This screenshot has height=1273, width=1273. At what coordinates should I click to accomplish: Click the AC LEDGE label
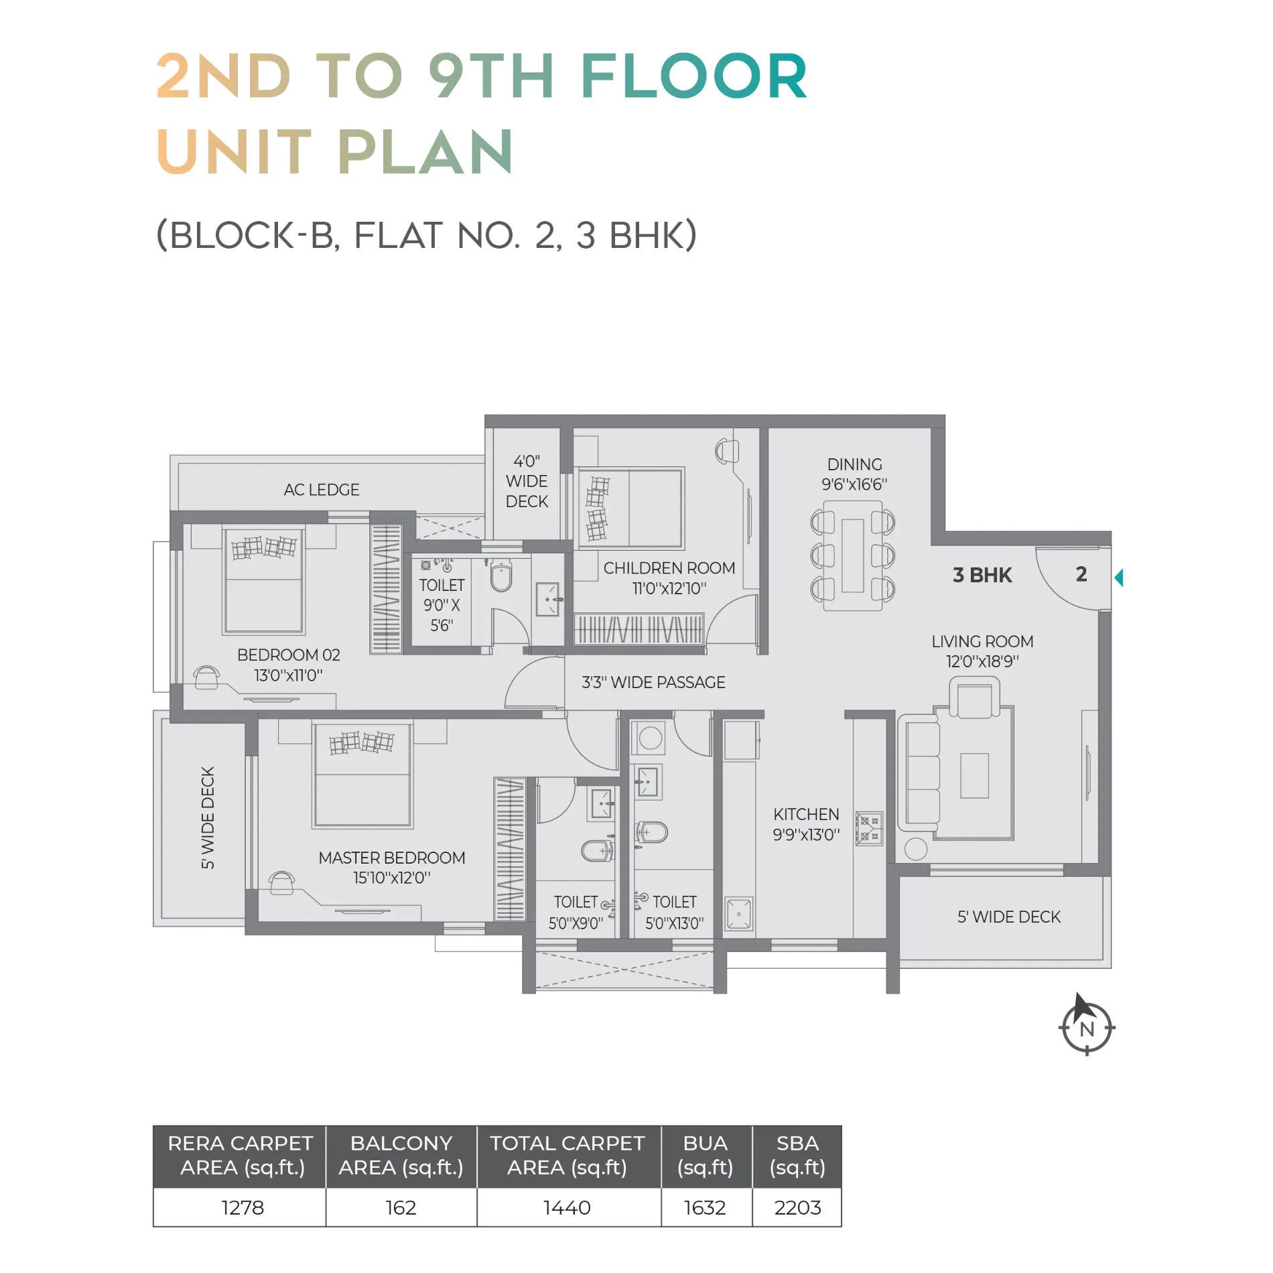pyautogui.click(x=322, y=490)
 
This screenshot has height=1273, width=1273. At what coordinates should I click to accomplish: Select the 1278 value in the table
pyautogui.click(x=243, y=1208)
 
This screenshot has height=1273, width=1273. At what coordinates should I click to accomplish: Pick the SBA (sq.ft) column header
pyautogui.click(x=797, y=1156)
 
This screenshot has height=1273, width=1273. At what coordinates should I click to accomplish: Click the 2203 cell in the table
pyautogui.click(x=797, y=1208)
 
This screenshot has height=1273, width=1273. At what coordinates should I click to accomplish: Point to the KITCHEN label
pyautogui.click(x=806, y=814)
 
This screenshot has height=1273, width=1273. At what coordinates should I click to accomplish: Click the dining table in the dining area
pyautogui.click(x=853, y=555)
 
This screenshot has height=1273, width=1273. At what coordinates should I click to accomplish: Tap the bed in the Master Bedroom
pyautogui.click(x=362, y=775)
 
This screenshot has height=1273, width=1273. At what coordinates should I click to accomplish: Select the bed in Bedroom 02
pyautogui.click(x=264, y=580)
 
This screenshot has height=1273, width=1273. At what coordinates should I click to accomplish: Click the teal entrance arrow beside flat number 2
pyautogui.click(x=1119, y=578)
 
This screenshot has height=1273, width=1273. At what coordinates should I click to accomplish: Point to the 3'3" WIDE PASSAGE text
pyautogui.click(x=653, y=682)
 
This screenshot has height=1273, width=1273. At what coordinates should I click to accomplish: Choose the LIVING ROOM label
pyautogui.click(x=982, y=641)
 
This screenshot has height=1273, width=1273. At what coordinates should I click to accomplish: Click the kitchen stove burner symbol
pyautogui.click(x=870, y=828)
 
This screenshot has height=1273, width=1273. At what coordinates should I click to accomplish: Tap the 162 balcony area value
pyautogui.click(x=401, y=1208)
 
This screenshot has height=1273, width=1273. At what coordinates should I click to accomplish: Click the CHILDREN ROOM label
pyautogui.click(x=669, y=568)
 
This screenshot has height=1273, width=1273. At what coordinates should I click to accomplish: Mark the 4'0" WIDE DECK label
pyautogui.click(x=527, y=481)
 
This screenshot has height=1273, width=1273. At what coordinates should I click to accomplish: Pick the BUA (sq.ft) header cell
pyautogui.click(x=705, y=1156)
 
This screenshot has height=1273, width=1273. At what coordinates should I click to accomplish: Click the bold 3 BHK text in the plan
pyautogui.click(x=982, y=575)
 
